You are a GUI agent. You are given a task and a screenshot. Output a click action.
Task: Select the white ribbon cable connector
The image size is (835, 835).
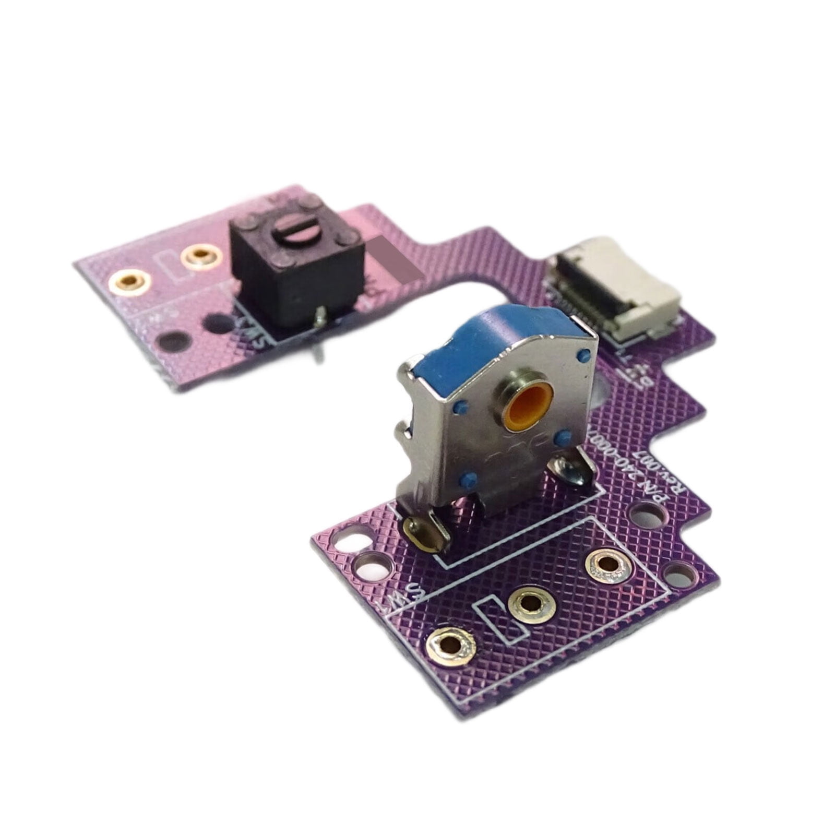616,297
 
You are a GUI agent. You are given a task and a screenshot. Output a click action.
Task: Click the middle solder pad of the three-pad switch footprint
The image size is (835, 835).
530,604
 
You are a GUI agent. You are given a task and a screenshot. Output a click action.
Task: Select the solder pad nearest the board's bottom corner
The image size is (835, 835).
451,646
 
